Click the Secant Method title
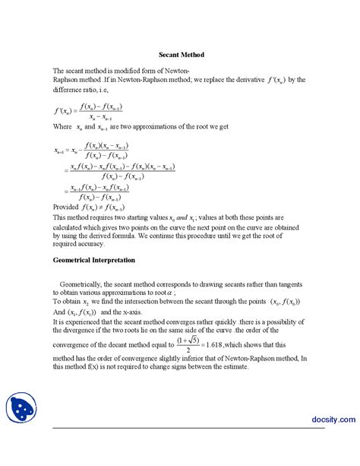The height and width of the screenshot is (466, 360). point(181,55)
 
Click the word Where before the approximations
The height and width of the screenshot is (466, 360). point(64,125)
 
